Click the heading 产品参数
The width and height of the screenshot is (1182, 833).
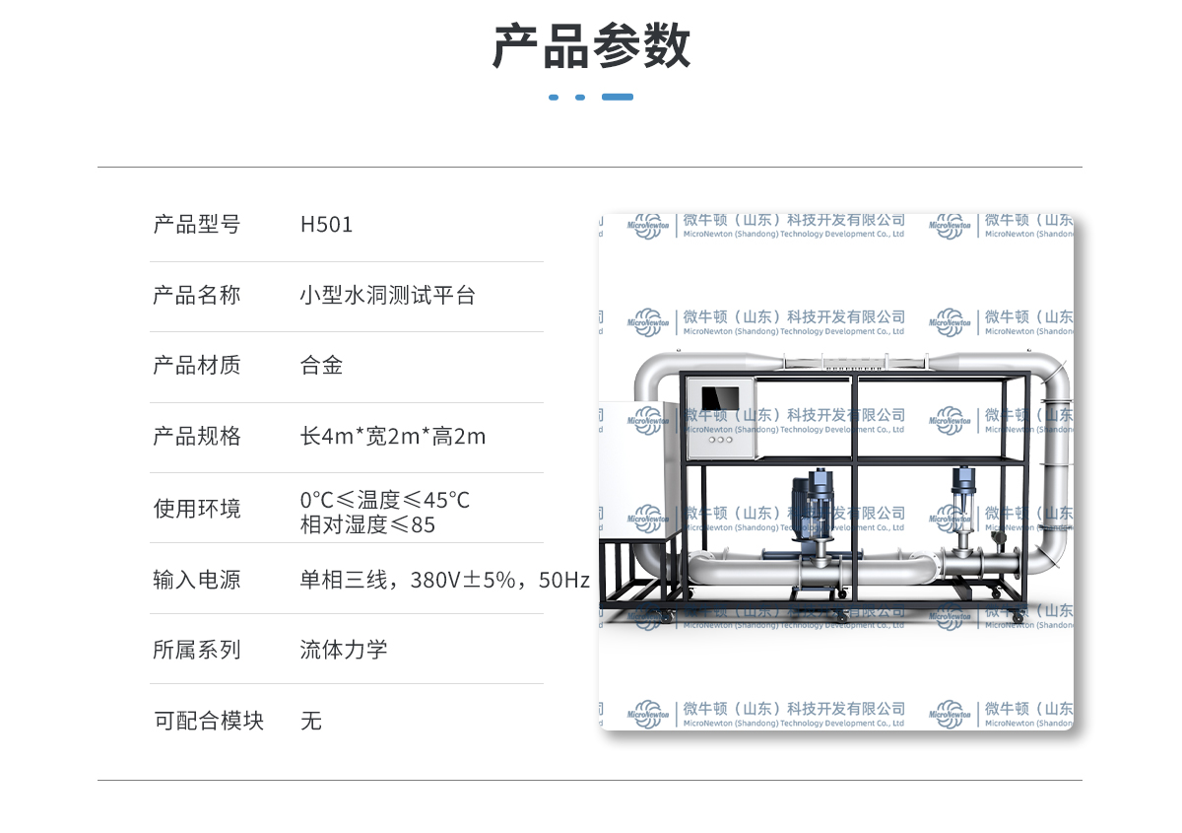tap(591, 46)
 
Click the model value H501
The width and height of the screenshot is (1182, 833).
tap(326, 225)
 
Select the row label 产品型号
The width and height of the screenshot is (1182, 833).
tap(196, 225)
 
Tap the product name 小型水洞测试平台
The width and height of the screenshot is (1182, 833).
tap(387, 295)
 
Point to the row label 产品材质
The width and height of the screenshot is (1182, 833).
tap(196, 366)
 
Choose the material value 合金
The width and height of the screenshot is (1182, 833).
tap(321, 366)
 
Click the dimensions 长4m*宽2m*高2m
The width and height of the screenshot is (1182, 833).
tap(392, 436)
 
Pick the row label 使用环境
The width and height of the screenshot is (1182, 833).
tap(196, 509)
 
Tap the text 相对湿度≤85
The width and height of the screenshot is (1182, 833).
tap(367, 524)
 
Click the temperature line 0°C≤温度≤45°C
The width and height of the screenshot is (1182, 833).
tap(384, 500)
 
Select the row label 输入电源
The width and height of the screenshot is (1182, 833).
tap(196, 580)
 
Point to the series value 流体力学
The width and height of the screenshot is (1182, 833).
tap(343, 650)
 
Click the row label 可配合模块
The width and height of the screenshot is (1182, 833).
tap(209, 721)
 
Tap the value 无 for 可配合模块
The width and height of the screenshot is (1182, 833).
tap(311, 721)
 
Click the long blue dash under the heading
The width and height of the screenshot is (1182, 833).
tap(618, 97)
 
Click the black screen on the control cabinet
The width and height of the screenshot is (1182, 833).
tap(719, 399)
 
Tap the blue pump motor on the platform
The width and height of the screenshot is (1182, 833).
tap(816, 508)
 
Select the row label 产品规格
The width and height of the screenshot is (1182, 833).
tap(196, 436)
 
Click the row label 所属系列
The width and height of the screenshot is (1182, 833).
tap(196, 650)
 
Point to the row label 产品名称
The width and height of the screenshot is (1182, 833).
tap(196, 295)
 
